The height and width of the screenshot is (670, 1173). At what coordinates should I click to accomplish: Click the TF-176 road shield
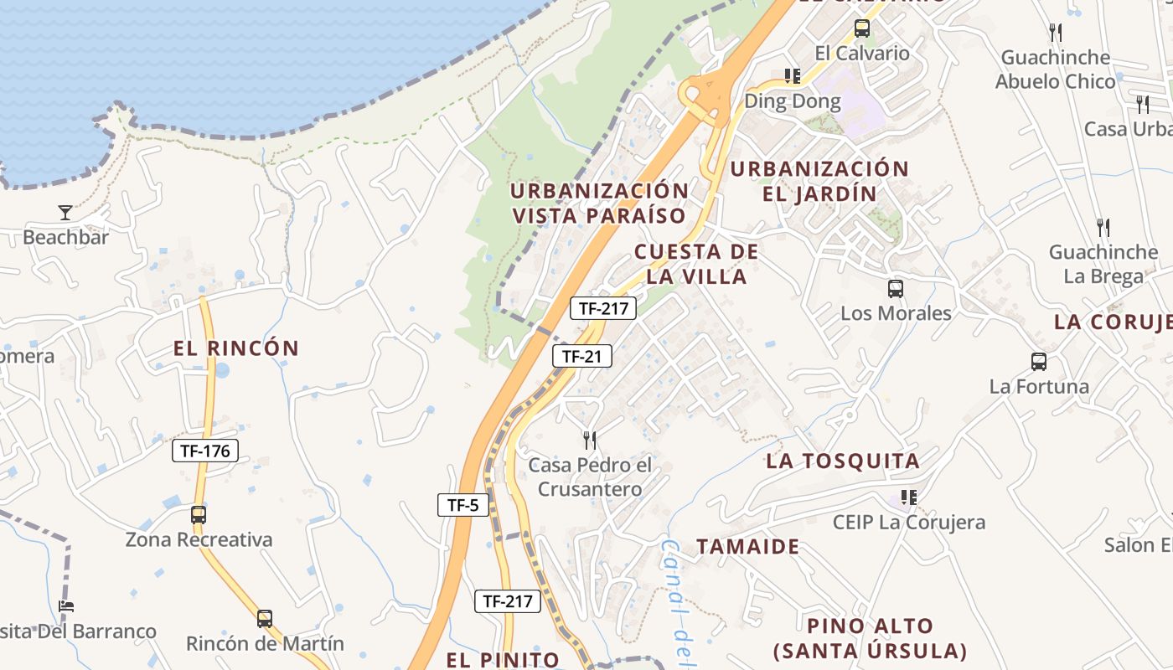[x=205, y=451]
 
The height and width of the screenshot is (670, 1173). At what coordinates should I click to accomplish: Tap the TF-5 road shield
[x=462, y=504]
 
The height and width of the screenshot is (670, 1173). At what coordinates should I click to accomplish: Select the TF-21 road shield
[x=581, y=356]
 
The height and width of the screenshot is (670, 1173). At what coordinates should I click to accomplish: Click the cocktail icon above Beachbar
[x=65, y=212]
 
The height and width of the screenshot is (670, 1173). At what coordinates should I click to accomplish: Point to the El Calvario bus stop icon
[x=862, y=28]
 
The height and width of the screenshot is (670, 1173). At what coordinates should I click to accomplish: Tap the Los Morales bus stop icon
[x=896, y=289]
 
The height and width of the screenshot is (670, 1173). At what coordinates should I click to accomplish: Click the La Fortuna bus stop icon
[x=1039, y=362]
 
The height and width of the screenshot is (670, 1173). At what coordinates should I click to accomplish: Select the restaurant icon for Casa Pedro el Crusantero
[x=590, y=440]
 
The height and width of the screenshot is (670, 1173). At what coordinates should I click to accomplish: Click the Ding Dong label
[x=792, y=102]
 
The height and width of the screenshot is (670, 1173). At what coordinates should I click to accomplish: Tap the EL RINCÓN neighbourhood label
[x=236, y=348]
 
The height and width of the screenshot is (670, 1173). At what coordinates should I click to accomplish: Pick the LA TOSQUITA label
[x=843, y=461]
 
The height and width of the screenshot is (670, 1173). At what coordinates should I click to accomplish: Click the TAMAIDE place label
[x=747, y=547]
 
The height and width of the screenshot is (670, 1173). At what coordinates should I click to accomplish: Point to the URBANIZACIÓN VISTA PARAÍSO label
[x=599, y=203]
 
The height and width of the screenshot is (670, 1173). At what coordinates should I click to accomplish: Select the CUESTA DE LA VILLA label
[x=696, y=264]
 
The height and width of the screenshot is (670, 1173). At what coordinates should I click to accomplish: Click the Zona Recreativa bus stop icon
[x=199, y=515]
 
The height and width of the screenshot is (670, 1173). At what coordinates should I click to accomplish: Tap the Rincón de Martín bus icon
[x=265, y=619]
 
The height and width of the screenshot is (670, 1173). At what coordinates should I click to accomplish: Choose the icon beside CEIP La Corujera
[x=909, y=497]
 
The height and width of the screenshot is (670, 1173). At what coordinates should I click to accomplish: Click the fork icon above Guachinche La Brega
[x=1103, y=227]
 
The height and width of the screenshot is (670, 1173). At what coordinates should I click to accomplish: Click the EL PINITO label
[x=503, y=660]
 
